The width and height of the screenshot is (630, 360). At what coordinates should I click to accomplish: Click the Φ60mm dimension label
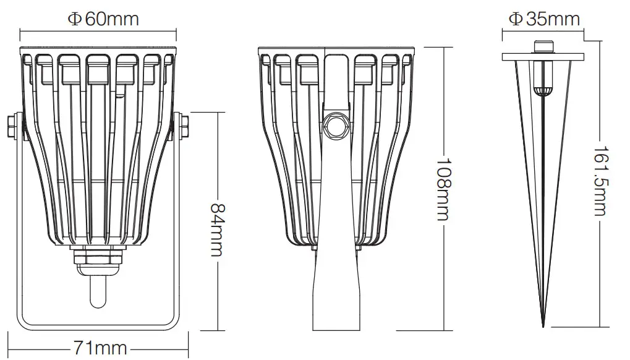click(103, 19)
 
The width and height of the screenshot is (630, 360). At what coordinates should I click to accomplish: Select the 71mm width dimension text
click(100, 348)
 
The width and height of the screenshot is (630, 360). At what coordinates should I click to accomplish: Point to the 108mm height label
click(443, 189)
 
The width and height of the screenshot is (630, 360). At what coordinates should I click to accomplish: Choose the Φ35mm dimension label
click(544, 19)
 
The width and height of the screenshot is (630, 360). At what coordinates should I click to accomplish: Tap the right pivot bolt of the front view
click(184, 126)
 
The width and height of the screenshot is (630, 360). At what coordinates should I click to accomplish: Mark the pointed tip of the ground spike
click(543, 325)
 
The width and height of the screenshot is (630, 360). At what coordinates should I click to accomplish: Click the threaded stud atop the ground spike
click(543, 47)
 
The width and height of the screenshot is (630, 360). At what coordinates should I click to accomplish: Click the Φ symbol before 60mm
click(74, 19)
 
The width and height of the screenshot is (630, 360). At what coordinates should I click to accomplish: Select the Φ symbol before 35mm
click(514, 19)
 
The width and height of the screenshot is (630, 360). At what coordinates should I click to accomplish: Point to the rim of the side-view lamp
click(337, 49)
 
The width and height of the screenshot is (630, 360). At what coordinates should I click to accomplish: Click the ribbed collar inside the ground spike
click(543, 92)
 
